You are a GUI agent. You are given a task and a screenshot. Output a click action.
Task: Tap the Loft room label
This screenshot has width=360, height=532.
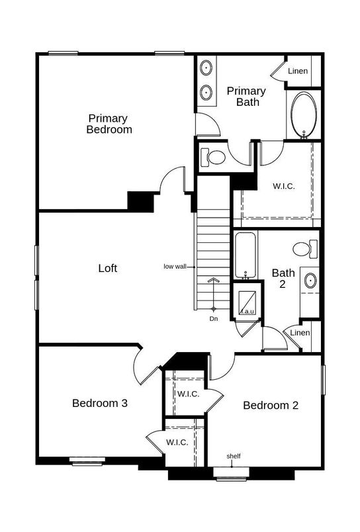point(108,268)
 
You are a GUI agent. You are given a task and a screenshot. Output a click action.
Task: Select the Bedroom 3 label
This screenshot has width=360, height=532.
point(100,402)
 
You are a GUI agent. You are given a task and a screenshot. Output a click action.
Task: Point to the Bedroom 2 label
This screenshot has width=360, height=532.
point(270,405)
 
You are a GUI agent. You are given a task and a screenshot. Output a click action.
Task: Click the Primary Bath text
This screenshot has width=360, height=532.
point(247,96)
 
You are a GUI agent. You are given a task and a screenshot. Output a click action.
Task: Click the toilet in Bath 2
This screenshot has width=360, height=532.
point(302,249)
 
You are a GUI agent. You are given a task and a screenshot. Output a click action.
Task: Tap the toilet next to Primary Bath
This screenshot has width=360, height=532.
point(214,157)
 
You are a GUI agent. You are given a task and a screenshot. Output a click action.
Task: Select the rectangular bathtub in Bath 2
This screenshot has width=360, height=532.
point(245,255)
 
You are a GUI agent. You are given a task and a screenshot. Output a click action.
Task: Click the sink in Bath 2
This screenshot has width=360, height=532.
point(310,281)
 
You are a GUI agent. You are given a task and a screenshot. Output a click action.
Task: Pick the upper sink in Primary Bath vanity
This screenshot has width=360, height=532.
point(206,67)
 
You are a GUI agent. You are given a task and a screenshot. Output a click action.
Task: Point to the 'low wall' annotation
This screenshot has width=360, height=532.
point(175,267)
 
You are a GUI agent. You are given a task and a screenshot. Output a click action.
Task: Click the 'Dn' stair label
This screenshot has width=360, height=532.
point(214,318)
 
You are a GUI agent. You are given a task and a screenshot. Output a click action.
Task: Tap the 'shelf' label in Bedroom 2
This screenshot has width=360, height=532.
point(233,456)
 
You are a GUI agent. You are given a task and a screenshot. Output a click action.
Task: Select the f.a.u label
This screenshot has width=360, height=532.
point(247,311)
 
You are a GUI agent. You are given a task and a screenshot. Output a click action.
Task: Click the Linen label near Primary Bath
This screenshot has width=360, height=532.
point(298,71)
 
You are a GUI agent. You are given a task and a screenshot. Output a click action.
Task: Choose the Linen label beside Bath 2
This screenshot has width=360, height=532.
point(300,332)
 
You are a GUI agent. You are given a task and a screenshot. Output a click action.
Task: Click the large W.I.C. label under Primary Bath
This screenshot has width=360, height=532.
point(284,186)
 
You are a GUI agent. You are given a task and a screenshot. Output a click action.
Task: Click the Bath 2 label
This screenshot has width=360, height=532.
point(283,278)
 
